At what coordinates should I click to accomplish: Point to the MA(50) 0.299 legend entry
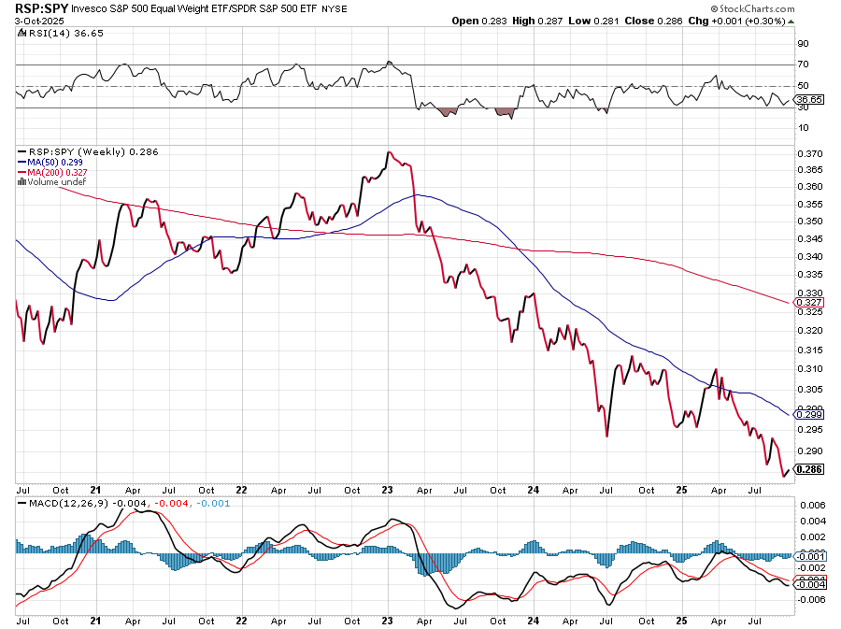(50, 162)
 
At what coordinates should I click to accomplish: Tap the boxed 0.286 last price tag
(807, 470)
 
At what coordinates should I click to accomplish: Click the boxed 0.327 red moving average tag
(807, 303)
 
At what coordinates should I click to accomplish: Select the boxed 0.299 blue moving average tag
(807, 412)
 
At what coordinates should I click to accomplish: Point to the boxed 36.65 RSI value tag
(808, 99)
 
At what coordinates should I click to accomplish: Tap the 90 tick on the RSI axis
(802, 43)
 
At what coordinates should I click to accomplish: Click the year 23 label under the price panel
(390, 489)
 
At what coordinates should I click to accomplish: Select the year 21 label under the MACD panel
(96, 621)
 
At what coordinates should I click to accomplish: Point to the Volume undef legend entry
(53, 181)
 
